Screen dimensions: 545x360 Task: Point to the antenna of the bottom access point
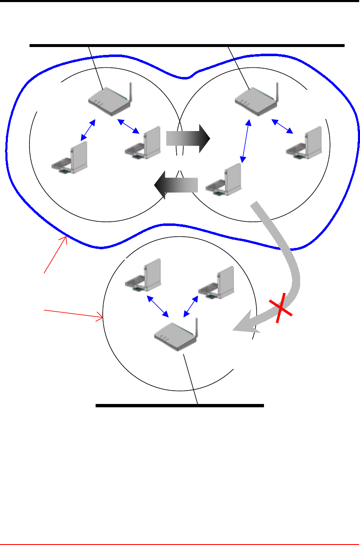pyautogui.click(x=196, y=328)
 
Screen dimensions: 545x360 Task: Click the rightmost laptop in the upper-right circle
pyautogui.click(x=304, y=142)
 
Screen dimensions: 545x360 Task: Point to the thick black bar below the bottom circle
pyautogui.click(x=180, y=405)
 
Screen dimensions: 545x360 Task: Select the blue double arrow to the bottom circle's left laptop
pyautogui.click(x=158, y=306)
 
